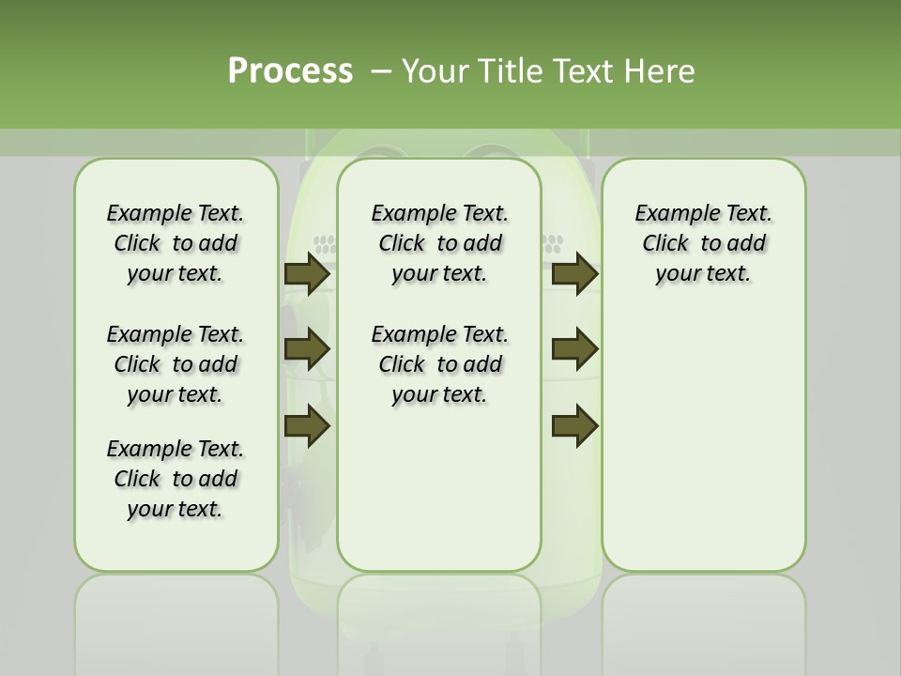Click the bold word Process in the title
pos(290,70)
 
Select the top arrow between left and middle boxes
pos(307,274)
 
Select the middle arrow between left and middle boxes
pos(307,349)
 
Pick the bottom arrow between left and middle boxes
pos(307,425)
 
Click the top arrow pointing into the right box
pos(574,274)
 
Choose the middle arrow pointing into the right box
pos(574,349)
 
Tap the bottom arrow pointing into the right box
pos(574,425)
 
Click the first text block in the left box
pos(175,243)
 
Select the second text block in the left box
pos(175,364)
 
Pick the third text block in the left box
pos(175,479)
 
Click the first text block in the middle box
pos(439,243)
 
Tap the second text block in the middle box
pos(439,364)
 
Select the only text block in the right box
pos(703,243)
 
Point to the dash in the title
pos(381,70)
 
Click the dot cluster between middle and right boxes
pos(552,245)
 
